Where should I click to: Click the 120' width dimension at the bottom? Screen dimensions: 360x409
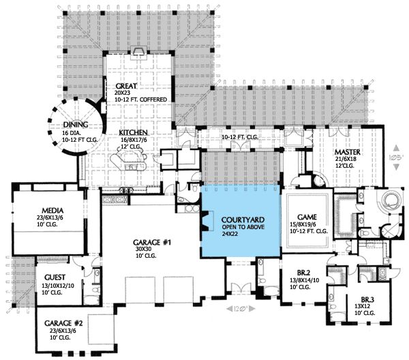pyautogui.click(x=239, y=309)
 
